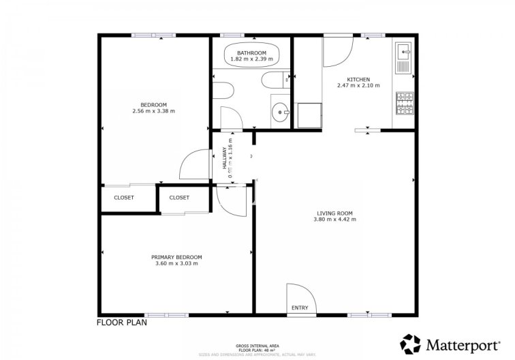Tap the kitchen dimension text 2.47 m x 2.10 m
(x=358, y=85)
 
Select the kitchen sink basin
(x=403, y=50)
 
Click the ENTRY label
(x=300, y=307)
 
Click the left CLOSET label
(x=123, y=198)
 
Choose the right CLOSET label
(x=179, y=198)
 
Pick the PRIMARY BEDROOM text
(x=176, y=257)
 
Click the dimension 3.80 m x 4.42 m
(x=334, y=219)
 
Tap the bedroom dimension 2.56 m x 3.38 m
(x=153, y=110)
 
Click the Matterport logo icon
(x=410, y=343)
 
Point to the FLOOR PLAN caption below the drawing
(x=122, y=323)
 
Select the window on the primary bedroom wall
(x=168, y=315)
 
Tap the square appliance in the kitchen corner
(x=309, y=116)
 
